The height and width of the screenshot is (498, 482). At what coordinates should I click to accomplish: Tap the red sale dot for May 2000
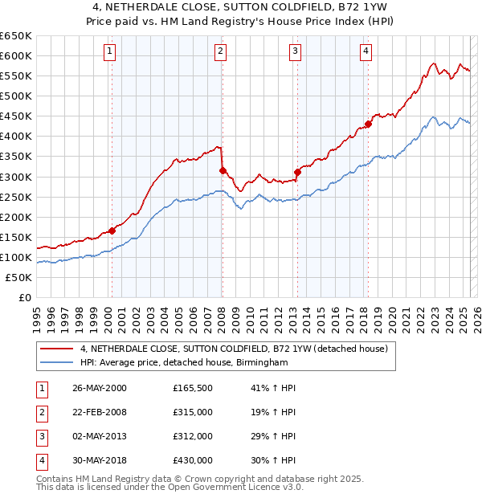pos(112,231)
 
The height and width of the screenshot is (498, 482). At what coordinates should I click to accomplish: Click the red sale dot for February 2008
pos(223,170)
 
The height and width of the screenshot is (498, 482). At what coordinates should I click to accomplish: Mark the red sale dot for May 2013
pos(297,171)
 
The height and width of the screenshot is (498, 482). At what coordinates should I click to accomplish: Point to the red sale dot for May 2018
pos(368,124)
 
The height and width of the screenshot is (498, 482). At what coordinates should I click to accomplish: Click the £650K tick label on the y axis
pos(16,36)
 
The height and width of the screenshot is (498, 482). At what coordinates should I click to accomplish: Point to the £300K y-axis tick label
pos(16,177)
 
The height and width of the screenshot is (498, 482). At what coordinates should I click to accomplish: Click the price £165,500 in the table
pos(193,388)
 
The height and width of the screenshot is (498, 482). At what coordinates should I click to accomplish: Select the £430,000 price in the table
pos(193,460)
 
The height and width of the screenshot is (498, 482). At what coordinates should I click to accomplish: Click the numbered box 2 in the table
pos(41,412)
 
